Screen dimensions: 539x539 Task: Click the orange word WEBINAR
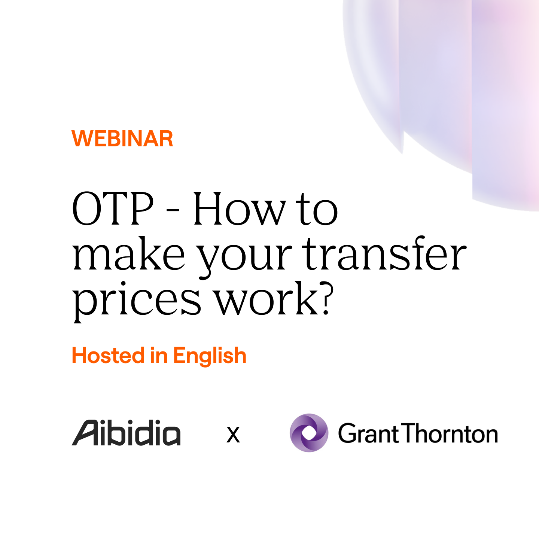pyautogui.click(x=122, y=138)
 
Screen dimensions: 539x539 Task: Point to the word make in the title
pyautogui.click(x=129, y=255)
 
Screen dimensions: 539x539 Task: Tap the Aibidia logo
pyautogui.click(x=126, y=433)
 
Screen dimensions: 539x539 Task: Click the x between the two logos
pyautogui.click(x=233, y=435)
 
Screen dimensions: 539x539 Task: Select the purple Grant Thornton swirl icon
pyautogui.click(x=309, y=433)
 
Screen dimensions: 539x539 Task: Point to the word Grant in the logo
pyautogui.click(x=369, y=433)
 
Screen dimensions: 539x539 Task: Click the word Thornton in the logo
pyautogui.click(x=451, y=433)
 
